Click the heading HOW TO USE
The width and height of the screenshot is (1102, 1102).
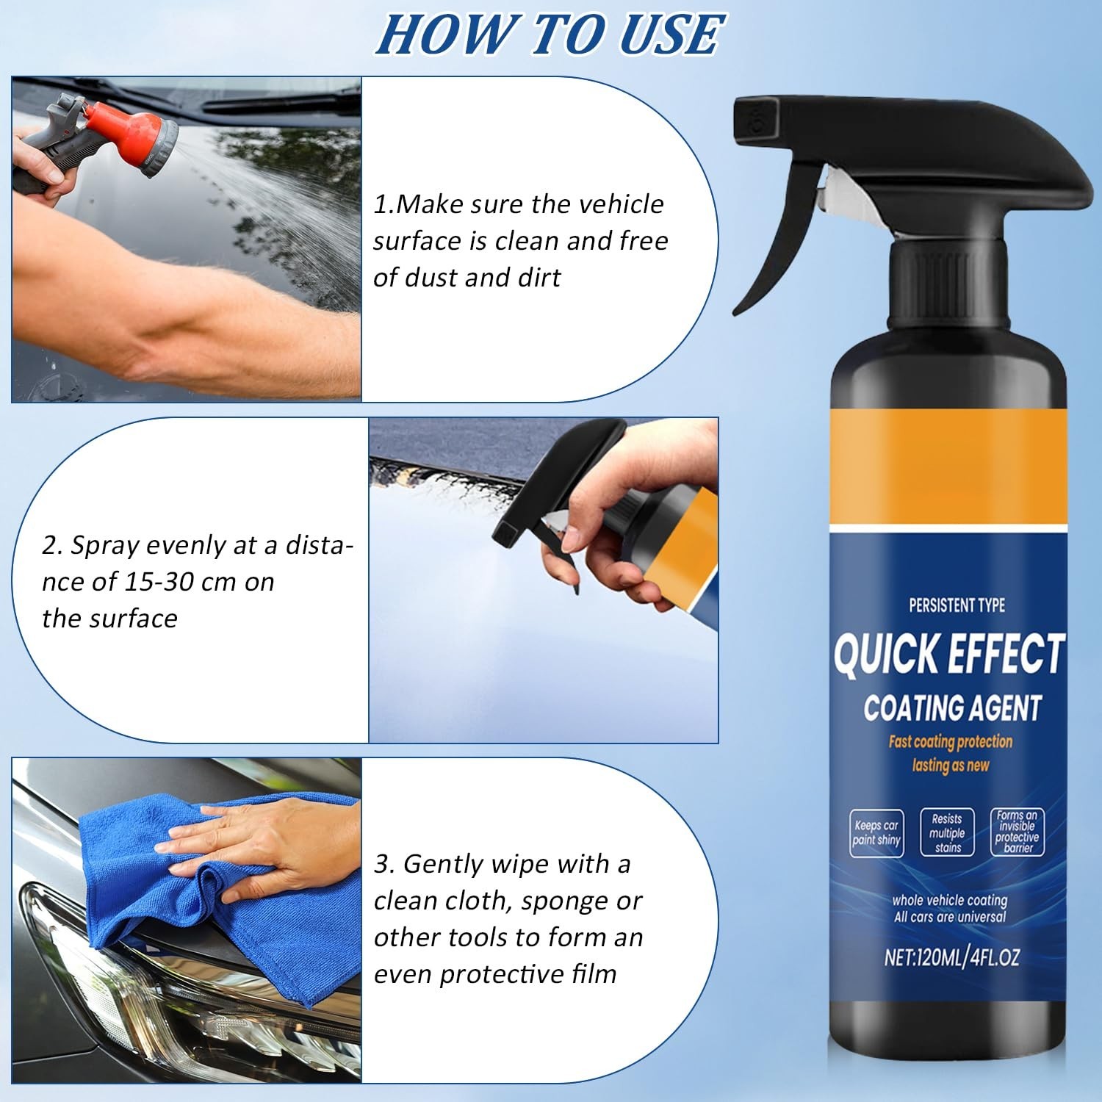(x=550, y=35)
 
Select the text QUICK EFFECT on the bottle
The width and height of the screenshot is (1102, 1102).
(x=948, y=654)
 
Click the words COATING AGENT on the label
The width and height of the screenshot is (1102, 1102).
(x=952, y=708)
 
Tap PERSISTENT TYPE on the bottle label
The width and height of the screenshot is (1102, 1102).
(x=957, y=605)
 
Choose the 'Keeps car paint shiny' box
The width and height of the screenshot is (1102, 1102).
(x=876, y=833)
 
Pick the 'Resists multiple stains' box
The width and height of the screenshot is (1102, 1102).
(x=947, y=833)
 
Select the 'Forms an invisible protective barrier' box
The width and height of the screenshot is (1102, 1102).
(x=1017, y=832)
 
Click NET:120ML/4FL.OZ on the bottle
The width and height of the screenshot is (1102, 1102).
(x=951, y=957)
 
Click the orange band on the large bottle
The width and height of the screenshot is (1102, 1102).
(x=948, y=470)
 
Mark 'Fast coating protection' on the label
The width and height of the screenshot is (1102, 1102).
(x=950, y=741)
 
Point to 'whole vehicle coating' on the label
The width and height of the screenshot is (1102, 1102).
(x=949, y=900)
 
